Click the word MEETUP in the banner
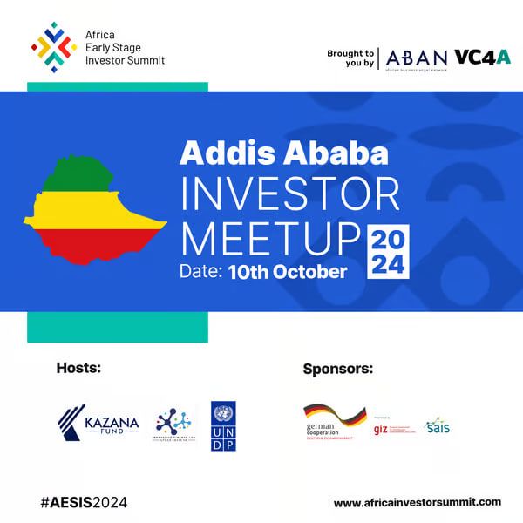270,236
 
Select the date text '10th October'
288,272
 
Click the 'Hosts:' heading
78,368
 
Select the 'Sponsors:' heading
338,369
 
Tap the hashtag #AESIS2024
84,502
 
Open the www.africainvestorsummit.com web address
418,502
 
